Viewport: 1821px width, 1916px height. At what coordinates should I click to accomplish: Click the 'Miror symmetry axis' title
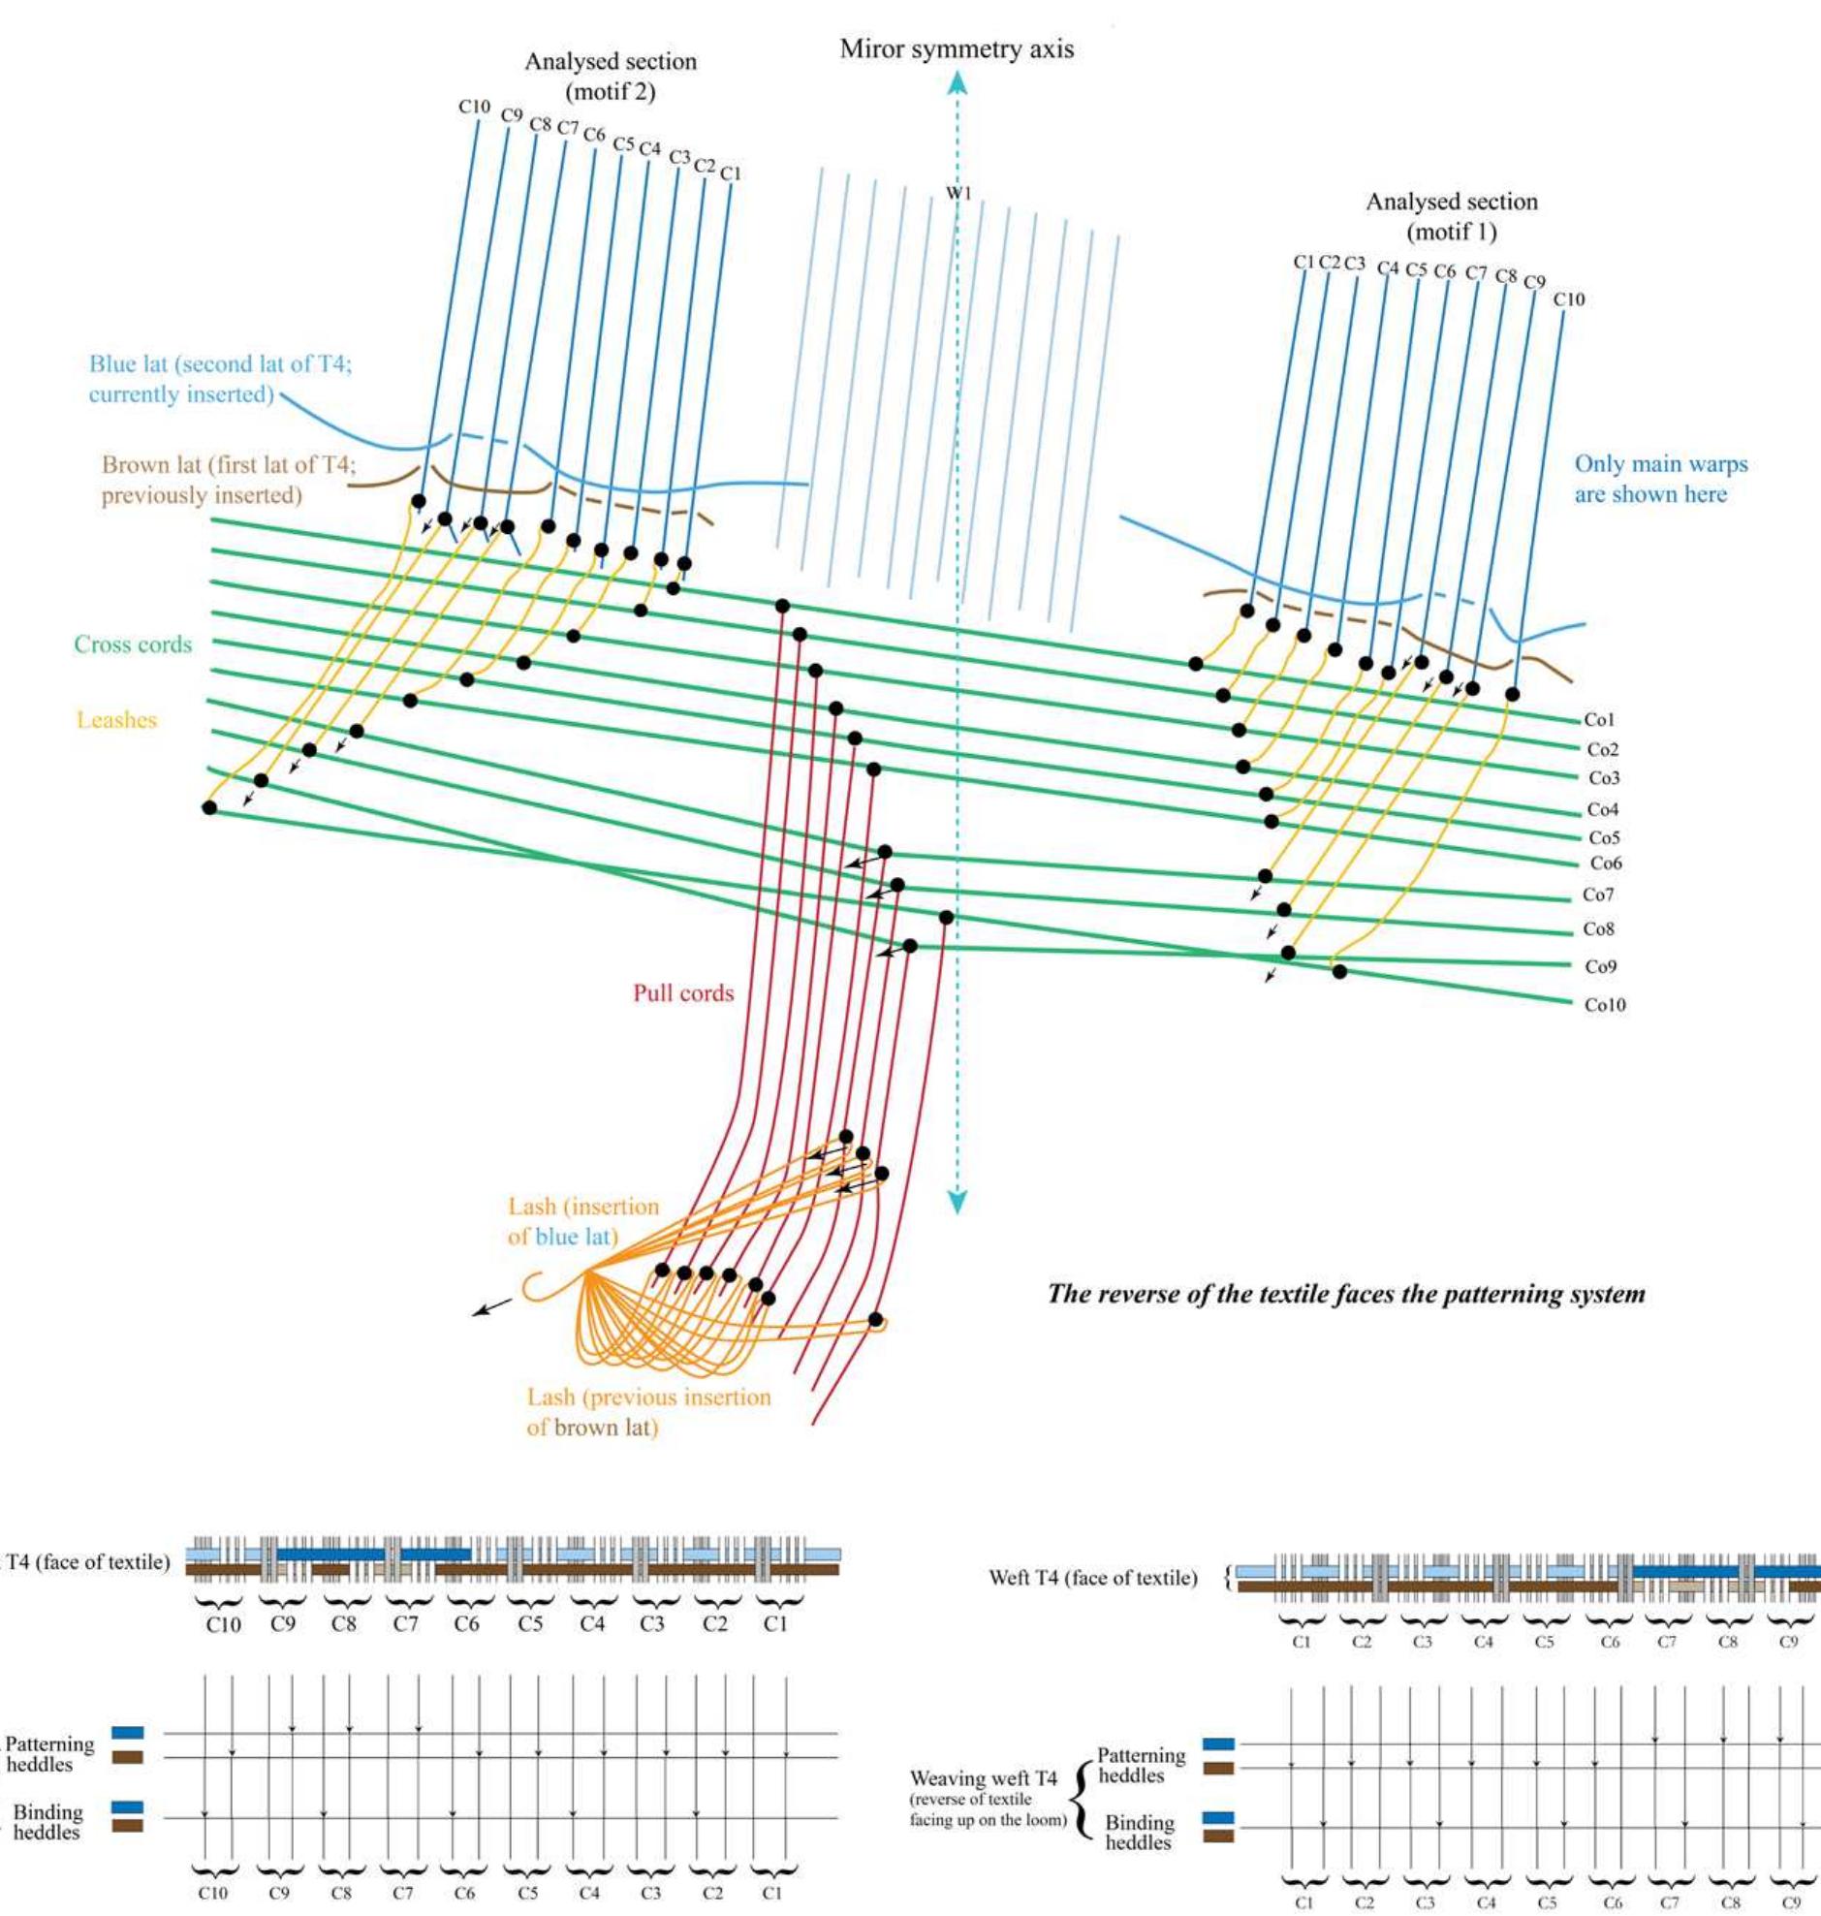pyautogui.click(x=957, y=48)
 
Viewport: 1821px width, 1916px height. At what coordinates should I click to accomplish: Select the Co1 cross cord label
pyautogui.click(x=1599, y=719)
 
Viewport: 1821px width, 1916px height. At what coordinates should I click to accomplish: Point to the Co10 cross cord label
pyautogui.click(x=1604, y=1005)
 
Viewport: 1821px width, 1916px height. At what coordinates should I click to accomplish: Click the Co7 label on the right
pyautogui.click(x=1598, y=894)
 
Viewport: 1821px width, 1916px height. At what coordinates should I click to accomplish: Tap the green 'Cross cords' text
pyautogui.click(x=133, y=644)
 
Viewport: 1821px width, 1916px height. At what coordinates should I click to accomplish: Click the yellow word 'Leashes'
pyautogui.click(x=116, y=719)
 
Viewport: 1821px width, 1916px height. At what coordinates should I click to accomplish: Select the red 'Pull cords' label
pyautogui.click(x=683, y=993)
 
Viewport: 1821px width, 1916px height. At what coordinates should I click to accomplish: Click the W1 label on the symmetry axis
pyautogui.click(x=958, y=193)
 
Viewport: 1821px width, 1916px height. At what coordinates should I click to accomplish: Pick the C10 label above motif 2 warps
pyautogui.click(x=474, y=107)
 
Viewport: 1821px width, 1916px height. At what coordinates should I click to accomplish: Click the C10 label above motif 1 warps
pyautogui.click(x=1569, y=298)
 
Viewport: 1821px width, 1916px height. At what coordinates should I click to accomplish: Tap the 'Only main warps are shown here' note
pyautogui.click(x=1660, y=479)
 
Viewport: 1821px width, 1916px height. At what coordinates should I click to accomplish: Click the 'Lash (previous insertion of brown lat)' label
pyautogui.click(x=648, y=1411)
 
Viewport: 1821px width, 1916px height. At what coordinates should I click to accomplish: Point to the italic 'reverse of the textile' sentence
pyautogui.click(x=1345, y=1293)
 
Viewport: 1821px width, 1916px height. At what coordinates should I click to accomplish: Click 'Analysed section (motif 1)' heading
pyautogui.click(x=1451, y=216)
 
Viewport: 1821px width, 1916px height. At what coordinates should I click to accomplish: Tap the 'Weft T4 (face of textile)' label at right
pyautogui.click(x=1092, y=1578)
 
